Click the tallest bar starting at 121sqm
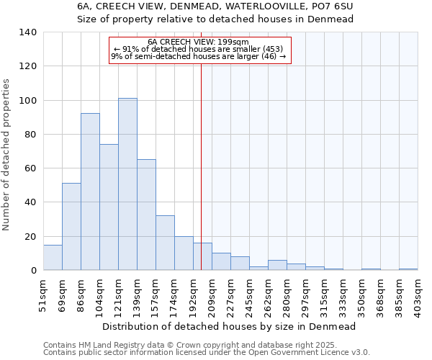click(x=127, y=184)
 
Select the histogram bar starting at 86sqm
click(x=90, y=192)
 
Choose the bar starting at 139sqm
click(x=146, y=215)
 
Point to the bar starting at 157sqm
click(x=165, y=243)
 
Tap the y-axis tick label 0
click(x=33, y=271)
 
